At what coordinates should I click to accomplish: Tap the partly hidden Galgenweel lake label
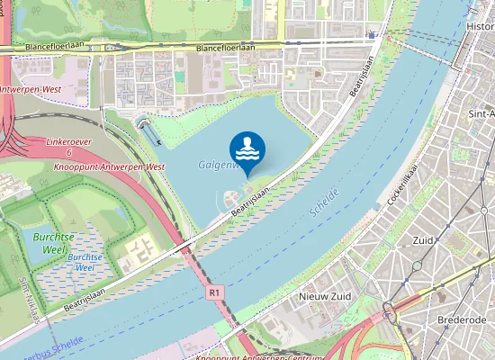[x=216, y=165]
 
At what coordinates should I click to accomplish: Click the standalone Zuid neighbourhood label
[x=421, y=240]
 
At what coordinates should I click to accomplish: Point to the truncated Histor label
[x=480, y=26]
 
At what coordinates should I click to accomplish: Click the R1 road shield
[x=213, y=292]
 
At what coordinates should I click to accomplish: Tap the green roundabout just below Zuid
[x=418, y=267]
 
